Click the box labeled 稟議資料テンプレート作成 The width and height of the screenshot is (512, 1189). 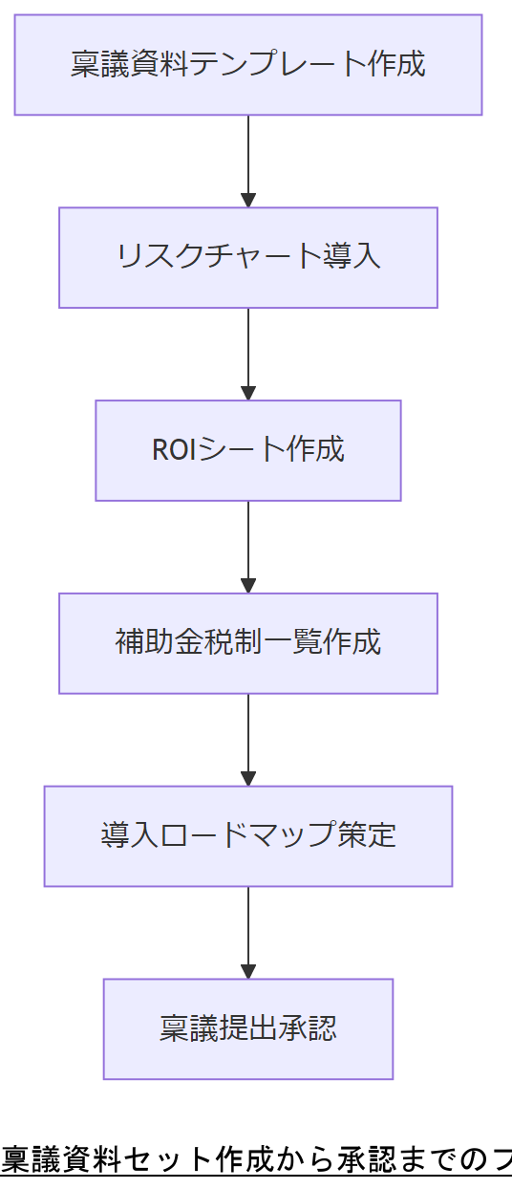coord(247,65)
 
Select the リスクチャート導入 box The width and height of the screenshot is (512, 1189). coord(247,257)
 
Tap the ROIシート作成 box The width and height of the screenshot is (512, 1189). coord(247,450)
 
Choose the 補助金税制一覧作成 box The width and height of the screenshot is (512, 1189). coord(247,643)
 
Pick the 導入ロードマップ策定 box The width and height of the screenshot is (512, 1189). coord(247,836)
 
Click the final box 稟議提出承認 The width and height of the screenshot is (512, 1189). coord(247,1029)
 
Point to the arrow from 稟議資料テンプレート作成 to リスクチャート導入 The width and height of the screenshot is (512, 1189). coord(248,158)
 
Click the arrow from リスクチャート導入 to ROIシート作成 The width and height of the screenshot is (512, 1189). coord(248,351)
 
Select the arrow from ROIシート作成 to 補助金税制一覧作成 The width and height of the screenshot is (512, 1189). coord(248,544)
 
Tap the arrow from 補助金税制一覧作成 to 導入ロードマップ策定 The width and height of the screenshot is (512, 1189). coord(248,737)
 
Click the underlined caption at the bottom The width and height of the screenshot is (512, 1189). coord(256,1159)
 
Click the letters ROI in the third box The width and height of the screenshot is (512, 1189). coord(173,449)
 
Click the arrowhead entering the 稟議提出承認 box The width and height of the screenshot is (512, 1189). coord(248,971)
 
